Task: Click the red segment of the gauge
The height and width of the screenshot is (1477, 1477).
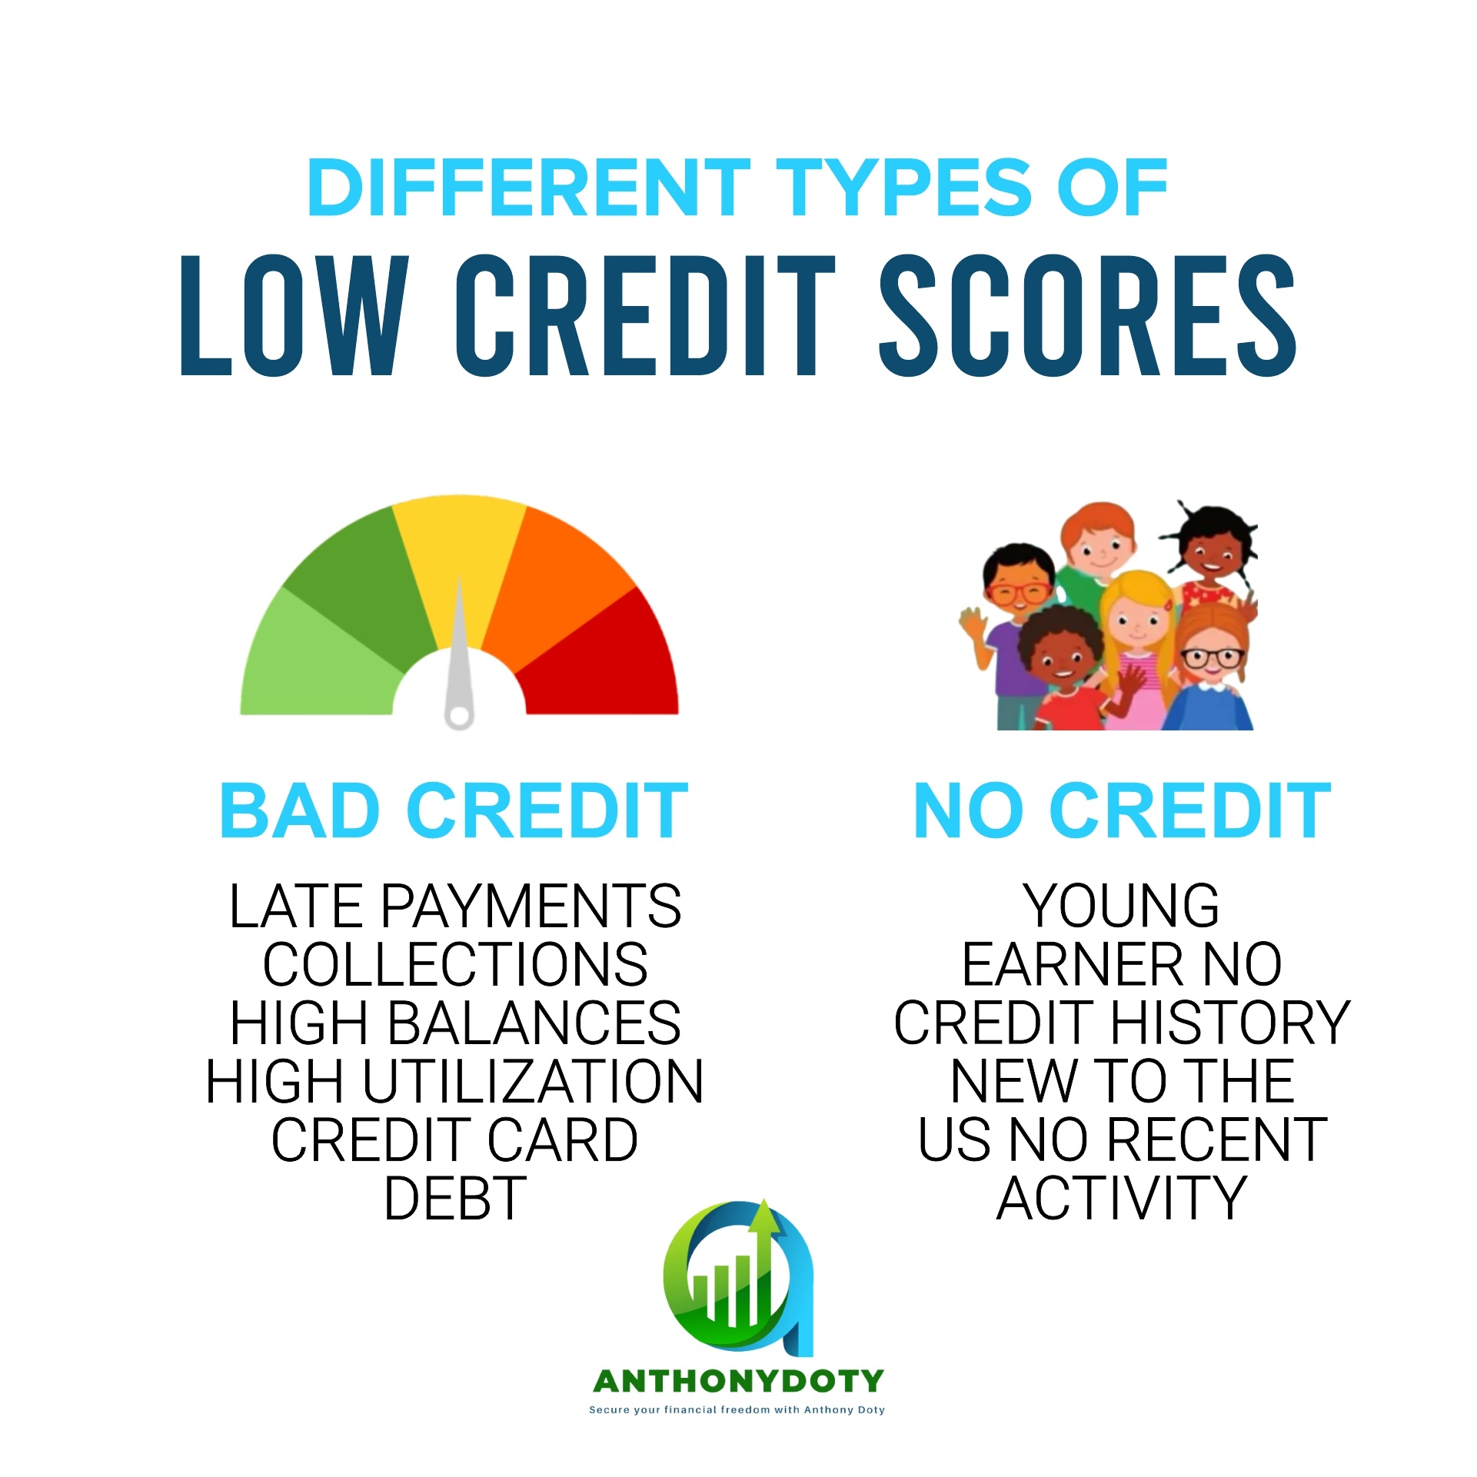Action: tap(607, 661)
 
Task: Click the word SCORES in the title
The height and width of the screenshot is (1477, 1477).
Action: tap(1088, 315)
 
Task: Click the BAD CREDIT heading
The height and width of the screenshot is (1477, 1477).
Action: tap(454, 810)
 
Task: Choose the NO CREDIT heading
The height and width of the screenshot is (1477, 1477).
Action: tap(1122, 810)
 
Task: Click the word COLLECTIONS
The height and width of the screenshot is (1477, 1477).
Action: tap(455, 964)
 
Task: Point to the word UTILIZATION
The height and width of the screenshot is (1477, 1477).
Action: tap(532, 1081)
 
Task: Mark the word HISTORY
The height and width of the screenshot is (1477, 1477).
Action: tap(1230, 1023)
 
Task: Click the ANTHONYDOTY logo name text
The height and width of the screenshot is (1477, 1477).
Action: tap(738, 1382)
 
